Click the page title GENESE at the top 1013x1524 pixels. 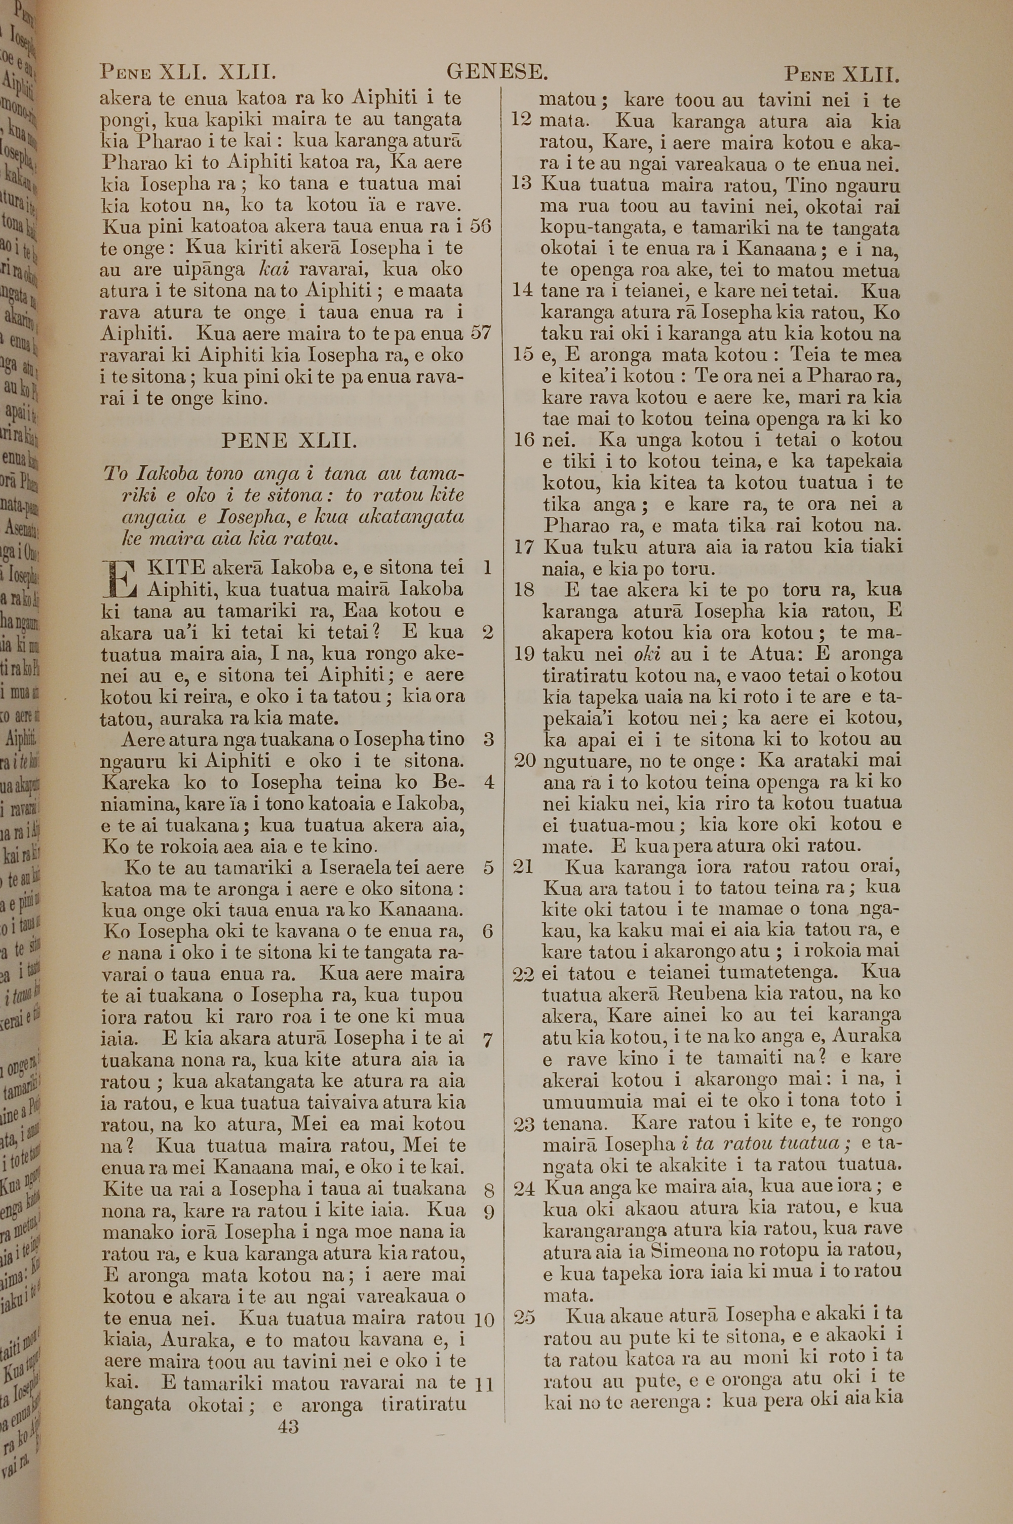497,72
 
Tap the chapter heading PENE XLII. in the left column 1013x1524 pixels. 289,441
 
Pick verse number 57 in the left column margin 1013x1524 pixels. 481,333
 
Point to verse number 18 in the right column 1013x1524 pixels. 523,590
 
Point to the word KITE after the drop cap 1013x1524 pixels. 176,568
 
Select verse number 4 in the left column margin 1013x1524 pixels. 488,782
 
